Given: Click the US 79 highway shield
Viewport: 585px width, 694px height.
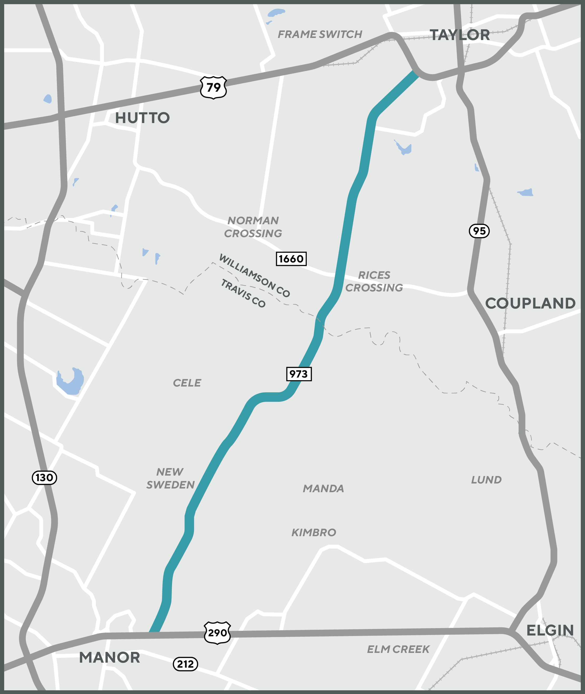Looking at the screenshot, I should tap(213, 87).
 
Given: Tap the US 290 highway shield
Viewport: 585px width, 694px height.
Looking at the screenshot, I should tap(217, 633).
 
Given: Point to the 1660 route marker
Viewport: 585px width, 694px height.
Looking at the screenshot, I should tap(291, 259).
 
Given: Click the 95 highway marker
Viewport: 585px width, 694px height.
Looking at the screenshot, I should tap(479, 231).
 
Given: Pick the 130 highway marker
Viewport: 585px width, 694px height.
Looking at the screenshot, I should tap(44, 477).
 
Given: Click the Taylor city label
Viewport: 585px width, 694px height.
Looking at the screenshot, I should tap(460, 35).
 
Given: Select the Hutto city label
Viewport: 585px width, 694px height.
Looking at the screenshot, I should tap(142, 118).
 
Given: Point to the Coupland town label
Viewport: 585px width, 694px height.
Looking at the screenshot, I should tap(530, 303).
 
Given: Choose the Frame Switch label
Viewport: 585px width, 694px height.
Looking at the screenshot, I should tap(320, 34).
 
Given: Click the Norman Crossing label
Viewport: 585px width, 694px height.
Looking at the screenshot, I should tap(253, 227).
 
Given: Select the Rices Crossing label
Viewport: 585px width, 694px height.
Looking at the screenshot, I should tap(374, 281).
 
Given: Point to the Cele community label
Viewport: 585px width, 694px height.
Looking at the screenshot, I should tap(187, 383).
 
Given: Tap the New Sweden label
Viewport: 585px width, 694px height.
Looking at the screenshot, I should tap(170, 478).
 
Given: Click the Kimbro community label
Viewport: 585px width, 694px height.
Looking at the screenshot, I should tap(314, 532).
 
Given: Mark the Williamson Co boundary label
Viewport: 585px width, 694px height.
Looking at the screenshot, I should tap(254, 276).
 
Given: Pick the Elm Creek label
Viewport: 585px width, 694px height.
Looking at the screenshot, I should tap(398, 649).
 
